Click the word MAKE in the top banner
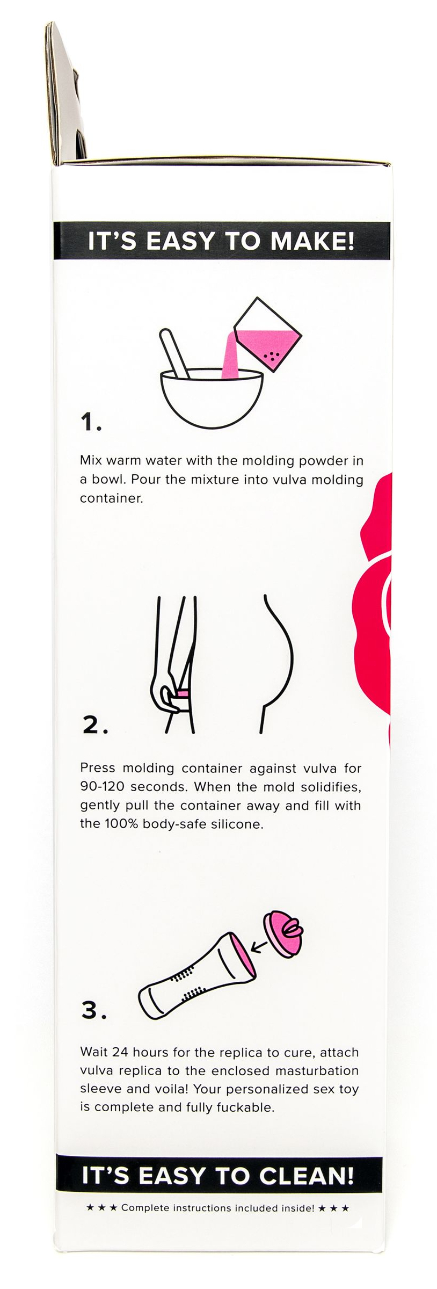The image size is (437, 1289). click(313, 241)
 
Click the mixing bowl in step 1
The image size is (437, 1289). click(212, 397)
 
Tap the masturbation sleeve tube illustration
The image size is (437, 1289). click(195, 976)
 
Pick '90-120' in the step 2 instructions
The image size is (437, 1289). click(102, 787)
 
